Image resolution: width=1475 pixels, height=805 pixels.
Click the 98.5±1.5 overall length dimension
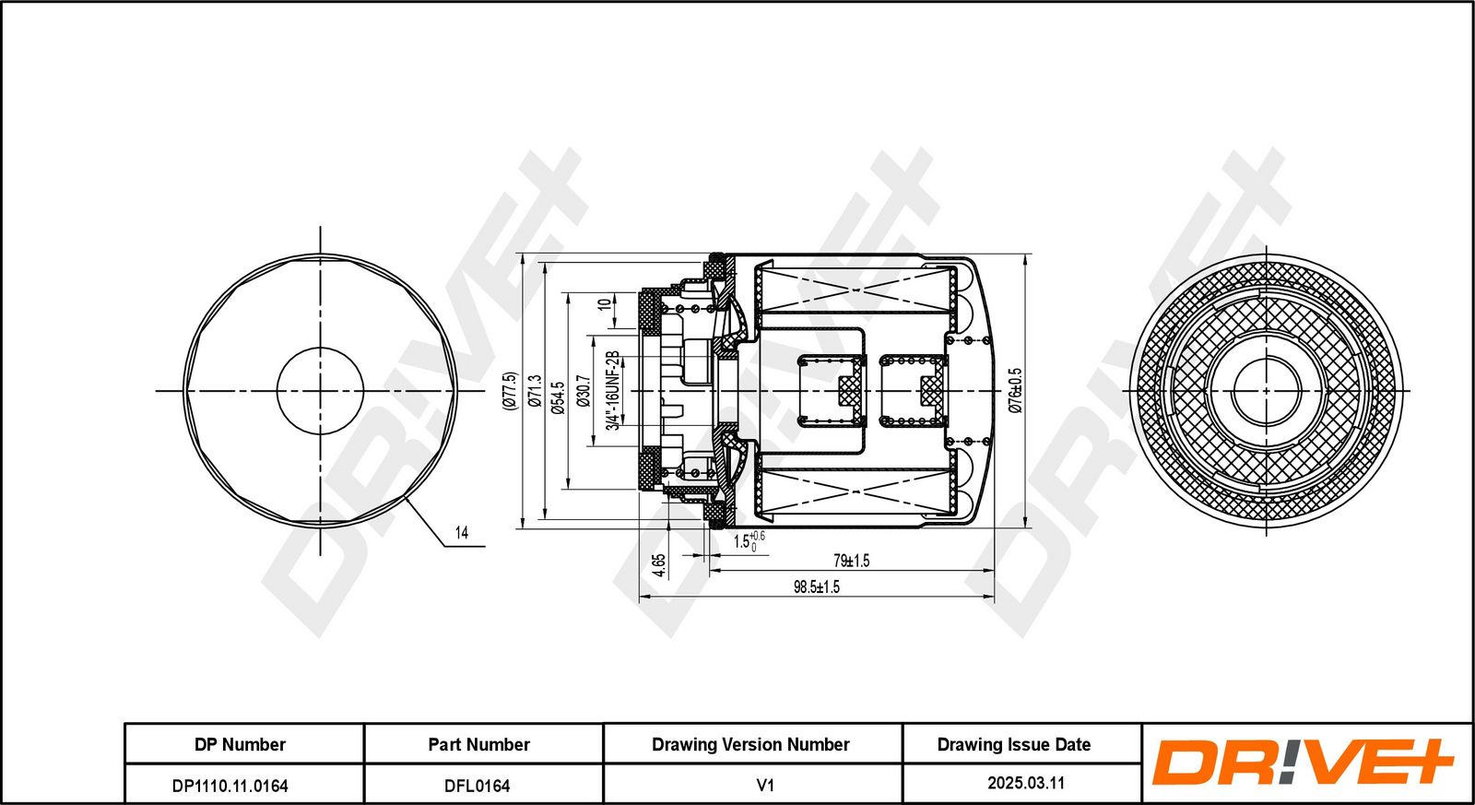coord(816,586)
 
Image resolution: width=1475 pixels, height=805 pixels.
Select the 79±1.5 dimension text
coord(852,561)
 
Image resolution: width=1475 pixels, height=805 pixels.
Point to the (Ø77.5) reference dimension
coord(511,391)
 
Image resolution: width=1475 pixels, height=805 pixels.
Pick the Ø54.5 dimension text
coord(559,397)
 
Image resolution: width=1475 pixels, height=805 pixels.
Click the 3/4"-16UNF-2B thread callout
coord(613,391)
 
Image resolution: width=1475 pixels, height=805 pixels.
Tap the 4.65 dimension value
coord(658,565)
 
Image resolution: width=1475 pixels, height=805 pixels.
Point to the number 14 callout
coord(462,532)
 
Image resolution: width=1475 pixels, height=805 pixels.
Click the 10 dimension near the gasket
coord(604,304)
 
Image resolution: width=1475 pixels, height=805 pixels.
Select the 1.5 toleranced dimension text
coord(749,541)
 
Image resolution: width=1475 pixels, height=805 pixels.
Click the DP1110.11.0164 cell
coord(230,786)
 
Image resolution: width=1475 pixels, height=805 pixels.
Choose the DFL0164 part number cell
coord(478,786)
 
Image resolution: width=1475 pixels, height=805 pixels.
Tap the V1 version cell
coord(765,786)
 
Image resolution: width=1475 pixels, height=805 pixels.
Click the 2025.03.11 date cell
coord(1026,783)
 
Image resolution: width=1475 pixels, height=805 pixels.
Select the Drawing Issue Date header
coord(1014,744)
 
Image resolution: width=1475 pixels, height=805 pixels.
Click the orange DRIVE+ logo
coord(1302,763)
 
